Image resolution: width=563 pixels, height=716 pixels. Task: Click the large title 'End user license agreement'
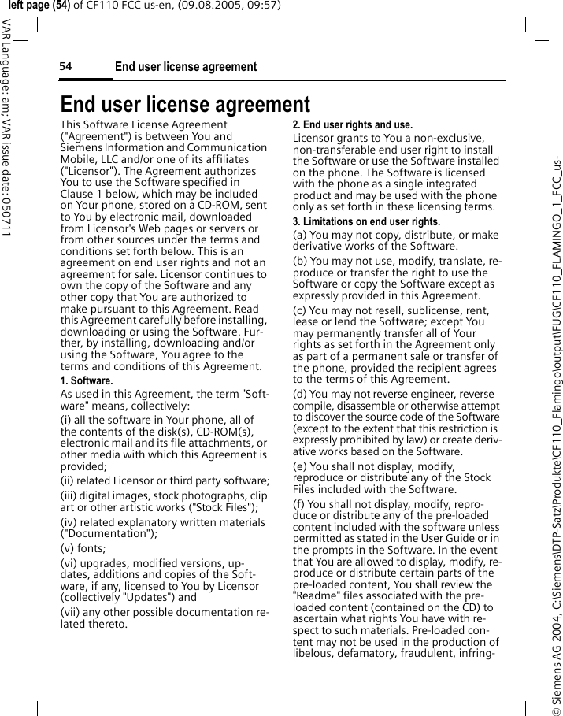click(x=185, y=104)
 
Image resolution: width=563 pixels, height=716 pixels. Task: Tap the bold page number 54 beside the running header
click(x=65, y=67)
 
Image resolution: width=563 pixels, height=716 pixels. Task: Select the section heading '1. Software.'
click(x=87, y=381)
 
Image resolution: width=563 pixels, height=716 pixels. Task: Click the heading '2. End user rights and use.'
click(x=352, y=125)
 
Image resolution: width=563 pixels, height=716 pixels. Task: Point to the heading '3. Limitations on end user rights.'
click(x=368, y=222)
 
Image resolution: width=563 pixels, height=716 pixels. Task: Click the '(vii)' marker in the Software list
click(x=72, y=613)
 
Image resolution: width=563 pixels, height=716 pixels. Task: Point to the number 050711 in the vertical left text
click(x=6, y=215)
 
